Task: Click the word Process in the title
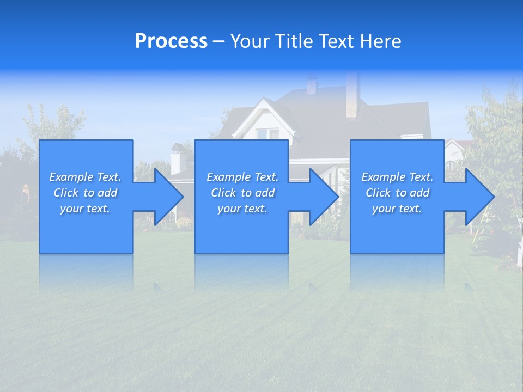click(x=171, y=41)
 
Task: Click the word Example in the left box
click(x=71, y=177)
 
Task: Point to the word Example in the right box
click(x=383, y=177)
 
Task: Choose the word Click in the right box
click(x=379, y=193)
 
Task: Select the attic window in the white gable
click(x=267, y=133)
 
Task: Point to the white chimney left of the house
click(x=178, y=159)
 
